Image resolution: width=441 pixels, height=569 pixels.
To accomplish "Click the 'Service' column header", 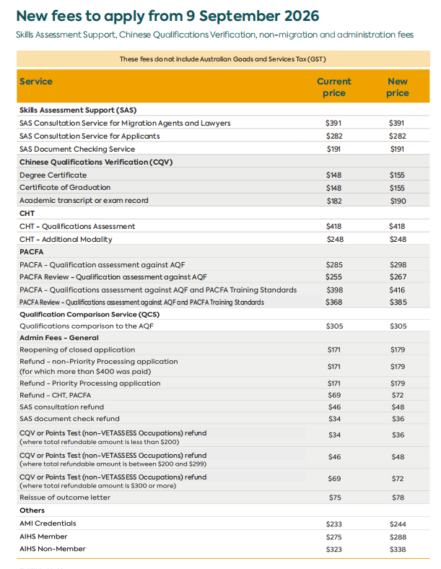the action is click(x=36, y=82).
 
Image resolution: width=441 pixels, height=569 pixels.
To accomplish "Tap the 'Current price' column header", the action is click(x=334, y=87).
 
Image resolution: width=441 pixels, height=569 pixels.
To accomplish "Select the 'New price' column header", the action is click(x=398, y=87).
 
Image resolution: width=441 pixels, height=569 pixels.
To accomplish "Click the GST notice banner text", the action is click(x=223, y=59).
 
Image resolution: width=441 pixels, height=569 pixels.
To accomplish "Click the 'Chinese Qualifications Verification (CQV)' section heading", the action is click(x=96, y=162).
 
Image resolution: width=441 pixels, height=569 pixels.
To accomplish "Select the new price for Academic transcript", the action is click(x=398, y=201).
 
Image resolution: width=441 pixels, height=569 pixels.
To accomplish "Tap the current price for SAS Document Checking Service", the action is click(x=333, y=149).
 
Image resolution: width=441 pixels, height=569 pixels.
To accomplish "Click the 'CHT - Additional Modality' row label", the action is click(x=66, y=240).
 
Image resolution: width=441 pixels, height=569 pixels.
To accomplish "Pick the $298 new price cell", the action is click(x=398, y=265).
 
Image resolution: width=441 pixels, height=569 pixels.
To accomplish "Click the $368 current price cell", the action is click(x=333, y=303).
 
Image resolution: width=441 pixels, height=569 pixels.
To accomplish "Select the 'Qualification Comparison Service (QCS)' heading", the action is click(x=89, y=315).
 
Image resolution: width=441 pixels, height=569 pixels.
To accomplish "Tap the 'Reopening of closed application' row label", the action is click(x=77, y=349).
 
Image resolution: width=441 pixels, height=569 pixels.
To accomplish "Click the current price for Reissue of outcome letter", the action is click(x=335, y=498).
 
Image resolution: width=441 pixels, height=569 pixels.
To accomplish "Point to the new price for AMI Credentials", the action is click(x=398, y=524).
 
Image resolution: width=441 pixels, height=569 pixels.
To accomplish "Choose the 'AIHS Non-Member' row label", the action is click(x=53, y=549).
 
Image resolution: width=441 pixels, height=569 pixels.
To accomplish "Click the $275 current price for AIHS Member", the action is click(x=333, y=537).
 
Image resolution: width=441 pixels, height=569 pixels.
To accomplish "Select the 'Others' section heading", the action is click(x=32, y=511).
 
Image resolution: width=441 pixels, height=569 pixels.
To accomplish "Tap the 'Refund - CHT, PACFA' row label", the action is click(x=55, y=395).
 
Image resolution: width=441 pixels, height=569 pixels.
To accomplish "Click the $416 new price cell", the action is click(x=397, y=290).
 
